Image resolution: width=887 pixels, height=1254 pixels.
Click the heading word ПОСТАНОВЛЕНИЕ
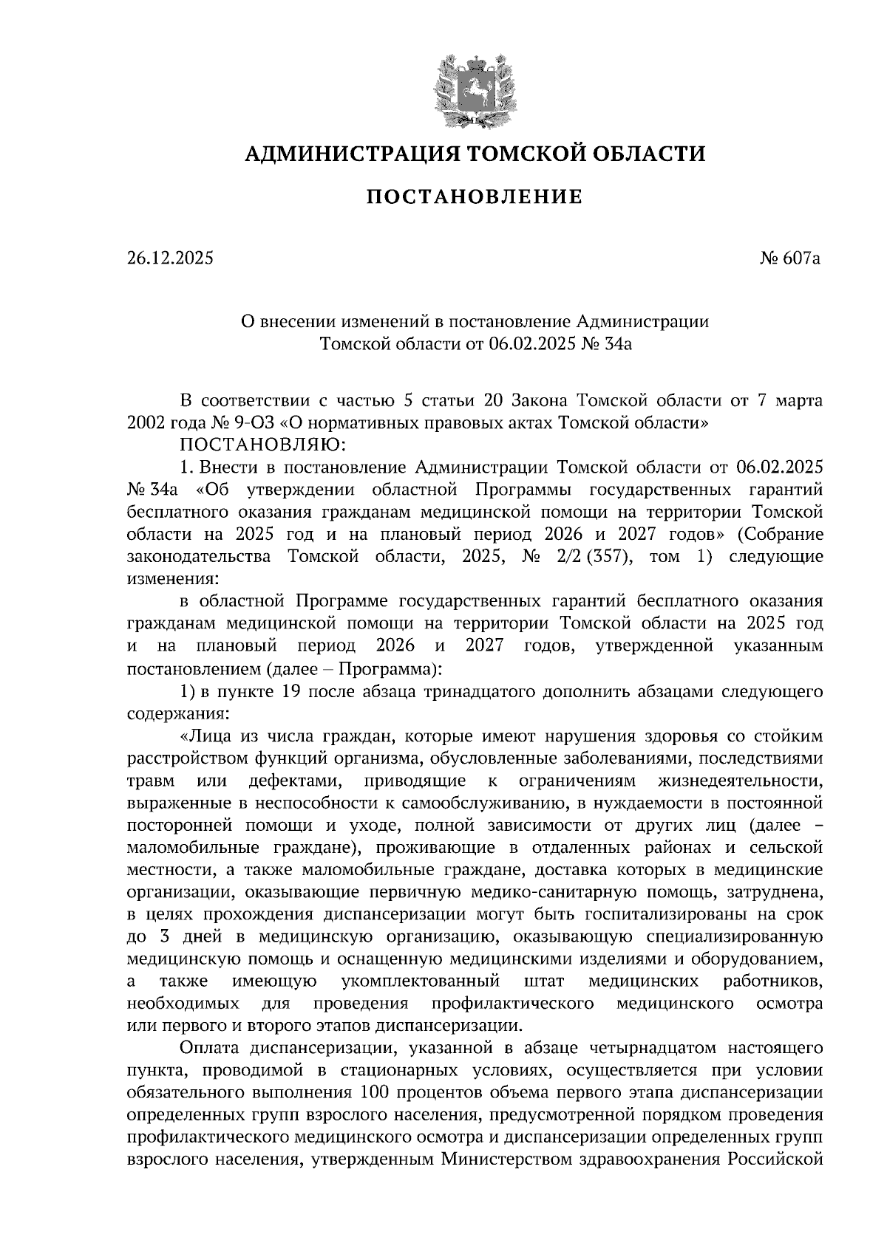(474, 197)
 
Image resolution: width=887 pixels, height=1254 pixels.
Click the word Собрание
(784, 534)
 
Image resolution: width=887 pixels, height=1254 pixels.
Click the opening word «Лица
(210, 736)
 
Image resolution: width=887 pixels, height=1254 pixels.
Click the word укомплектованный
(420, 981)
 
